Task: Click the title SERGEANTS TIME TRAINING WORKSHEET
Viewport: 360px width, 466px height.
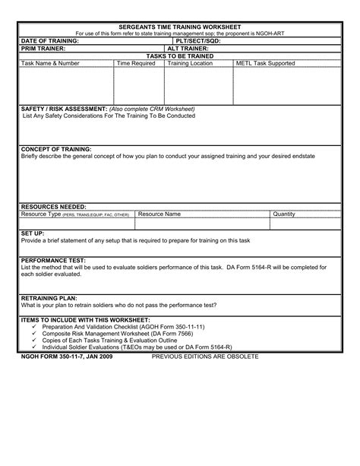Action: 180,27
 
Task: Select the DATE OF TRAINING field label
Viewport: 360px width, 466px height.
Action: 50,41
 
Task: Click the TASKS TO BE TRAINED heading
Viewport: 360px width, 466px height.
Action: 180,56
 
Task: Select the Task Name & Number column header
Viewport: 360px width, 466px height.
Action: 51,64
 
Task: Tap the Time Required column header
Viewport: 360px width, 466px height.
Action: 136,64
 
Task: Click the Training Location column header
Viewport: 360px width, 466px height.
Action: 190,64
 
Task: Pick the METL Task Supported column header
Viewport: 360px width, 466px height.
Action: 266,64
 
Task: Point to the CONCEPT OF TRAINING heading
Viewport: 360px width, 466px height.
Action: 56,149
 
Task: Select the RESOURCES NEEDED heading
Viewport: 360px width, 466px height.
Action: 53,207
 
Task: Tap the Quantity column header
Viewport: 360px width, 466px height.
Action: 284,214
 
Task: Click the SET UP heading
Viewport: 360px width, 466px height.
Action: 33,232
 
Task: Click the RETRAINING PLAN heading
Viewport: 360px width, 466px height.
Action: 49,297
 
